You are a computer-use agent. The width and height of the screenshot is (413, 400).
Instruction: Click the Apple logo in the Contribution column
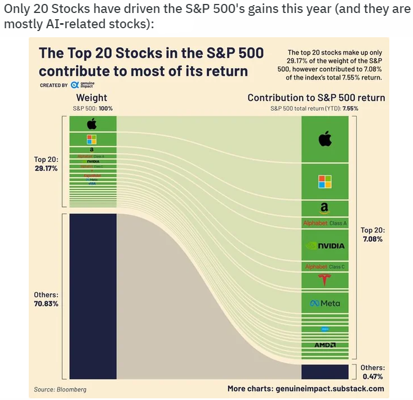325,139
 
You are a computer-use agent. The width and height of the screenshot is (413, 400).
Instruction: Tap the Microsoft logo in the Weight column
92,139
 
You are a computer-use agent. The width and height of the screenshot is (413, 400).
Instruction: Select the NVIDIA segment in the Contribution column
325,245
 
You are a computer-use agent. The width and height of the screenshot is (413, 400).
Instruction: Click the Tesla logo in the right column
325,280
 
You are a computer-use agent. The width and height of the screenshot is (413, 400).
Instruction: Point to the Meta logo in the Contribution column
325,304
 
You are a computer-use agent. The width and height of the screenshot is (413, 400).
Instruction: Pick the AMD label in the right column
325,345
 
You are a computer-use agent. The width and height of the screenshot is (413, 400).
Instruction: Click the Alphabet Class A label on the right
325,223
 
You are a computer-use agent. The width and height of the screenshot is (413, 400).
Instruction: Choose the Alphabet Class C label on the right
325,266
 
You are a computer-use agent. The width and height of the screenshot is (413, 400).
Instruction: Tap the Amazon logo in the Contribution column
325,208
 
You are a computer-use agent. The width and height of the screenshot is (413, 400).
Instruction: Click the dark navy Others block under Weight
92,296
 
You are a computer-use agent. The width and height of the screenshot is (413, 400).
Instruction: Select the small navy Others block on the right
325,371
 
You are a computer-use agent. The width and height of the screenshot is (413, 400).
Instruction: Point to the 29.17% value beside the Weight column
46,168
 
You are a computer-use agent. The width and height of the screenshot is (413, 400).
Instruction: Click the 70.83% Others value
46,304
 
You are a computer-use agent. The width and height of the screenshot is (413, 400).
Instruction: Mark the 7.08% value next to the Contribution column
372,239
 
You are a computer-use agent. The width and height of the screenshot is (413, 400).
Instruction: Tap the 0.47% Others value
372,376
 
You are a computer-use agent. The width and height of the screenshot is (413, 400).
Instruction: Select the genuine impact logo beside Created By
82,85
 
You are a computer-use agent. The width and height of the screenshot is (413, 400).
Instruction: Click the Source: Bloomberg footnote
60,389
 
